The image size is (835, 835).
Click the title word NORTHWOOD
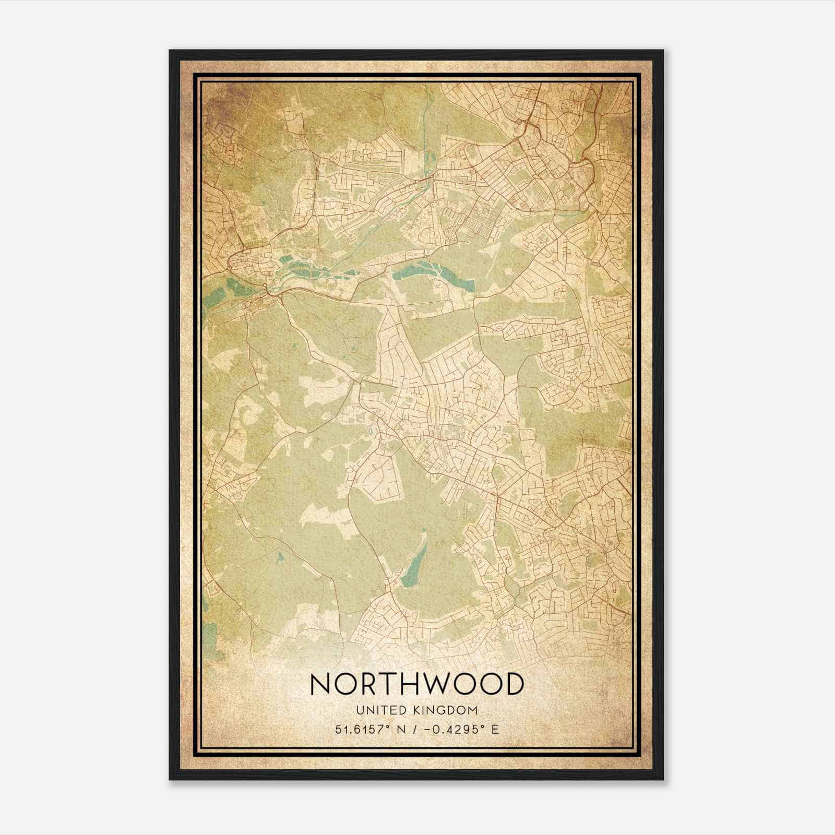(416, 684)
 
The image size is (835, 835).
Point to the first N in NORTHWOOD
(320, 684)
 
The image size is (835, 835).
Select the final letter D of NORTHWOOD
(512, 684)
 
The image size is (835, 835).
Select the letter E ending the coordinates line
(494, 729)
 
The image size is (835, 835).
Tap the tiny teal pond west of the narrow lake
(280, 557)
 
